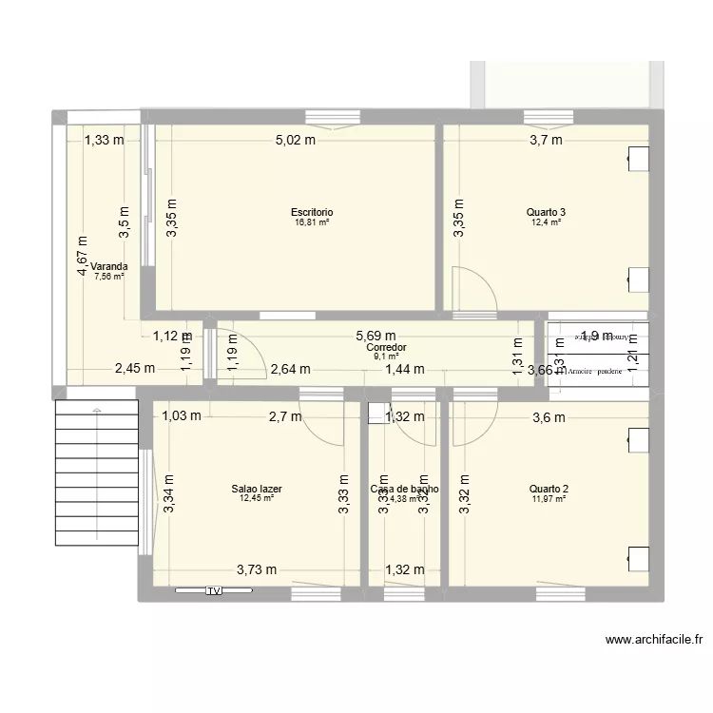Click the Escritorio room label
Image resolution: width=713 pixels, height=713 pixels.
(312, 212)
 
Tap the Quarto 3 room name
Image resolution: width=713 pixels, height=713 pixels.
(545, 212)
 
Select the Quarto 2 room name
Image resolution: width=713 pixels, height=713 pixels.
(549, 489)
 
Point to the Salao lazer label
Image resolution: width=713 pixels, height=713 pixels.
(256, 489)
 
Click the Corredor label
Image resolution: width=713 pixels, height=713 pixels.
(385, 348)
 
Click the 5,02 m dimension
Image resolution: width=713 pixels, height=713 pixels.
(296, 141)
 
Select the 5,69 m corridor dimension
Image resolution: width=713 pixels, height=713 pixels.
(376, 336)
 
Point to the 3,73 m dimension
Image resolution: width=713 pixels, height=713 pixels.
(257, 569)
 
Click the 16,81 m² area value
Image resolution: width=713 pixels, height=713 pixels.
(312, 222)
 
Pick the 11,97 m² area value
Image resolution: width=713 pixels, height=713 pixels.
(549, 498)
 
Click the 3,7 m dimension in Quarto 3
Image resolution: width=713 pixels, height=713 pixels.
(545, 141)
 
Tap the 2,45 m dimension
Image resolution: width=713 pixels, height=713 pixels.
(135, 370)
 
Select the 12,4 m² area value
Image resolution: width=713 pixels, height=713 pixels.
(545, 222)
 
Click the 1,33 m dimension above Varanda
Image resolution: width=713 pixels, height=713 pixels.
(104, 141)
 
